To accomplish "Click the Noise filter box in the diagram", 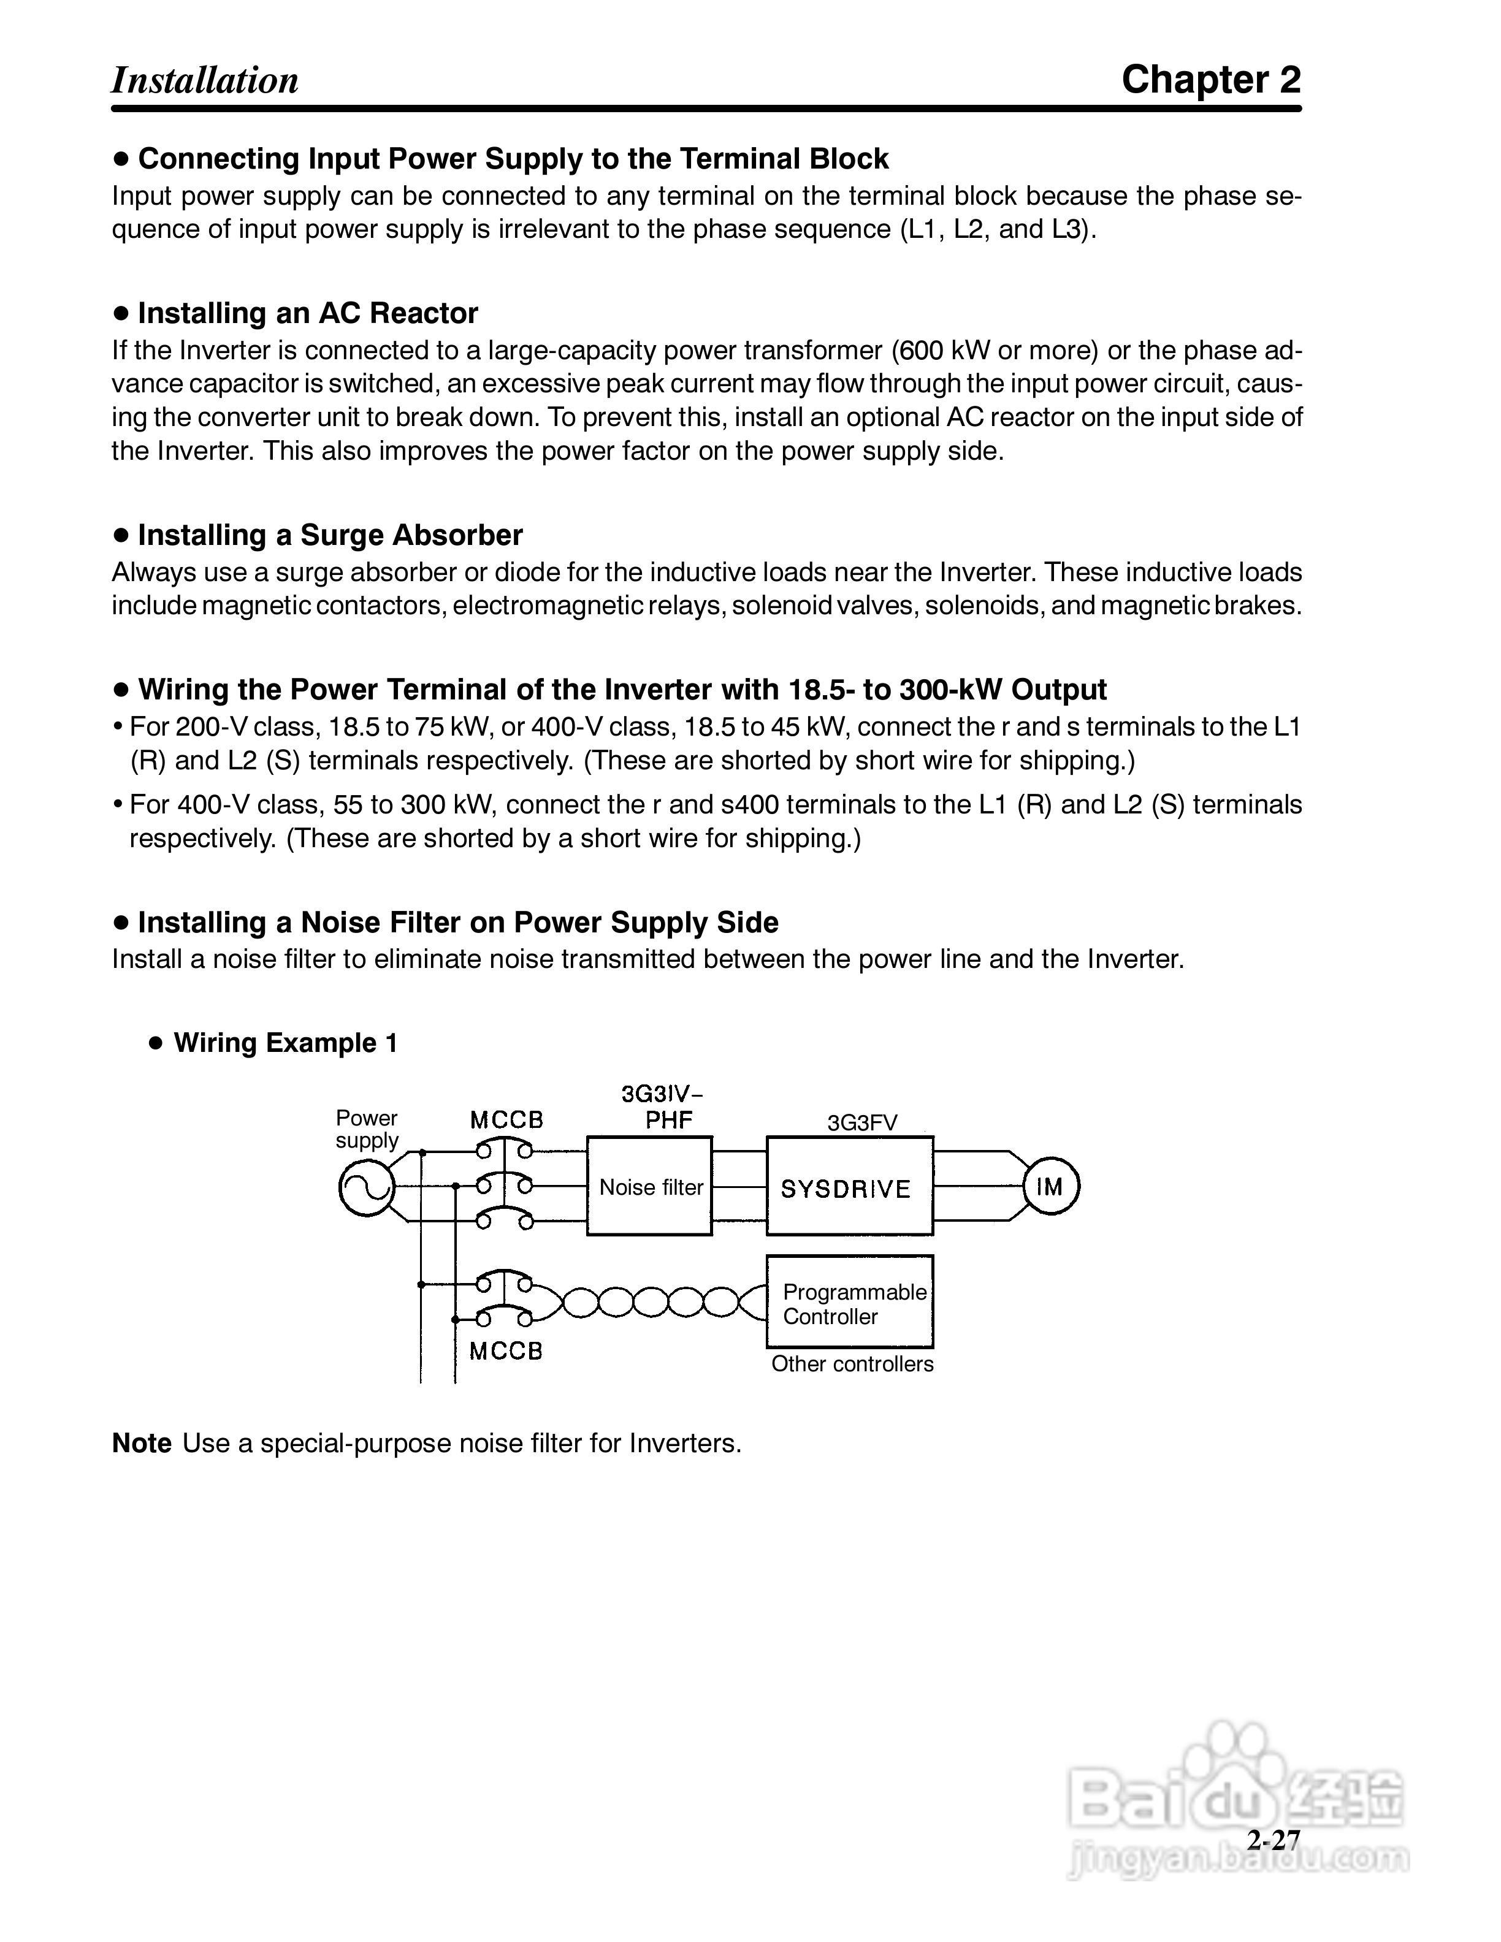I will (x=649, y=1186).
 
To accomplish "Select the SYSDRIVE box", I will (x=849, y=1186).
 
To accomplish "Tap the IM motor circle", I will (x=1051, y=1186).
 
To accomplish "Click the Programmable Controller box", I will (x=849, y=1303).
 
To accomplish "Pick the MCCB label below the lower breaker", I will (x=506, y=1352).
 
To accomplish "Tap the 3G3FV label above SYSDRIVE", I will (x=861, y=1122).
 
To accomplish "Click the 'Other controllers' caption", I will (x=852, y=1364).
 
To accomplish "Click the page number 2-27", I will (x=1274, y=1840).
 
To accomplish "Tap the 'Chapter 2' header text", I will (x=1210, y=80).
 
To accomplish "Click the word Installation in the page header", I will (x=205, y=80).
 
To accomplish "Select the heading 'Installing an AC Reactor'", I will (x=308, y=313).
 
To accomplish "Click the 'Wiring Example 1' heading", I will (x=286, y=1042).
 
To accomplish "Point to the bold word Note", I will (x=142, y=1442).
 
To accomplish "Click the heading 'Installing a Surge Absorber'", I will (x=330, y=535).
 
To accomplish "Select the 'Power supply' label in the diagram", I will (x=366, y=1129).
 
